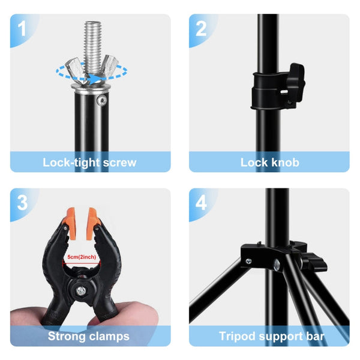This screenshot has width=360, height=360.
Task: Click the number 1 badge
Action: coord(23,28)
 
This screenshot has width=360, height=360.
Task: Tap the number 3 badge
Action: coord(23,202)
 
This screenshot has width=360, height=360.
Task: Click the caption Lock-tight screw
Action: coord(90,162)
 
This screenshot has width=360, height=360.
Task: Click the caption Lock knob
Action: coord(269,162)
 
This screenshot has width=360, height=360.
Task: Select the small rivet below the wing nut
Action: coord(103,98)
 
